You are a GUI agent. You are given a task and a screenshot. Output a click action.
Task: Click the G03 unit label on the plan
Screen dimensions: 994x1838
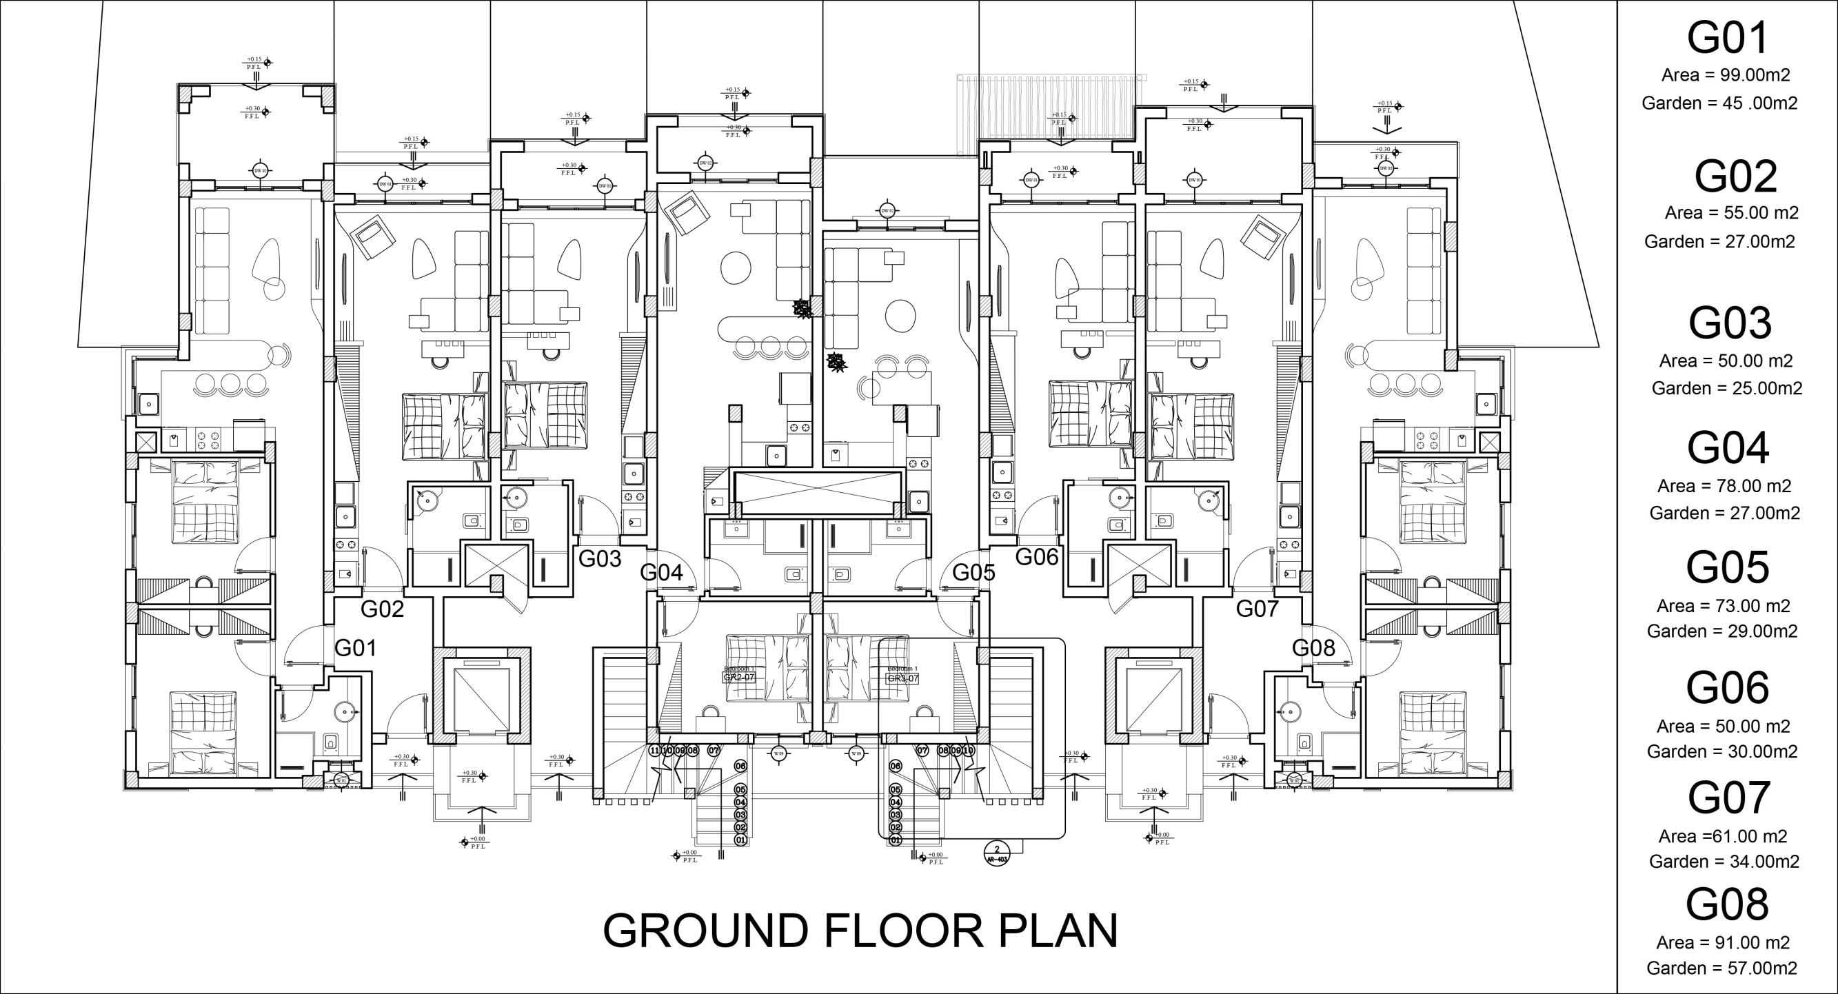(599, 559)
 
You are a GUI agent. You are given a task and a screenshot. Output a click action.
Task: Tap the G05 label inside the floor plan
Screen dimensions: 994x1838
(973, 573)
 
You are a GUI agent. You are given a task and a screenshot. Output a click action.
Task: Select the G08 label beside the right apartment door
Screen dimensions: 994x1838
(1313, 648)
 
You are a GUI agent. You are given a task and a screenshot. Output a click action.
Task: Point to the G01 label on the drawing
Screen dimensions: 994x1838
(355, 648)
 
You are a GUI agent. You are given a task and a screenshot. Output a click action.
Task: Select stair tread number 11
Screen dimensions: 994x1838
(655, 750)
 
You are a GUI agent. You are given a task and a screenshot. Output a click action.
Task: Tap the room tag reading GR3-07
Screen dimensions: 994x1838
(902, 677)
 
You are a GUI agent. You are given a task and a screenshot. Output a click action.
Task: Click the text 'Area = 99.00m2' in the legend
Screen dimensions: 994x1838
(1725, 75)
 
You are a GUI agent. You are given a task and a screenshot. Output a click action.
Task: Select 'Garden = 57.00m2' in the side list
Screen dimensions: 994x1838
(1721, 968)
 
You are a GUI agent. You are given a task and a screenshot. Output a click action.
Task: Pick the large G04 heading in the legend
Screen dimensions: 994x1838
(1728, 448)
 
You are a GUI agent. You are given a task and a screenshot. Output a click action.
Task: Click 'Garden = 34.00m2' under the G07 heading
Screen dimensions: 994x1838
(1724, 862)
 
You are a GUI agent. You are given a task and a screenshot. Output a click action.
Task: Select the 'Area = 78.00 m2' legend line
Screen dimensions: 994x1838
(1724, 486)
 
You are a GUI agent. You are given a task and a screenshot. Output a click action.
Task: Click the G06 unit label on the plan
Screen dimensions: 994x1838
(1037, 556)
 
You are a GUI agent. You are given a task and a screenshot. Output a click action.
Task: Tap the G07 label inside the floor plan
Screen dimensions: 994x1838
(1258, 609)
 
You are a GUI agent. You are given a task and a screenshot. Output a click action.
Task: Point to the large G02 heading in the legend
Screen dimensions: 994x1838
(1735, 177)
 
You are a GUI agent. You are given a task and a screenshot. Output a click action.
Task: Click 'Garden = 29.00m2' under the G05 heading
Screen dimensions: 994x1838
(1722, 631)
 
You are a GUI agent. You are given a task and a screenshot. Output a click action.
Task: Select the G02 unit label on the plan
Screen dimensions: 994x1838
(383, 609)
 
